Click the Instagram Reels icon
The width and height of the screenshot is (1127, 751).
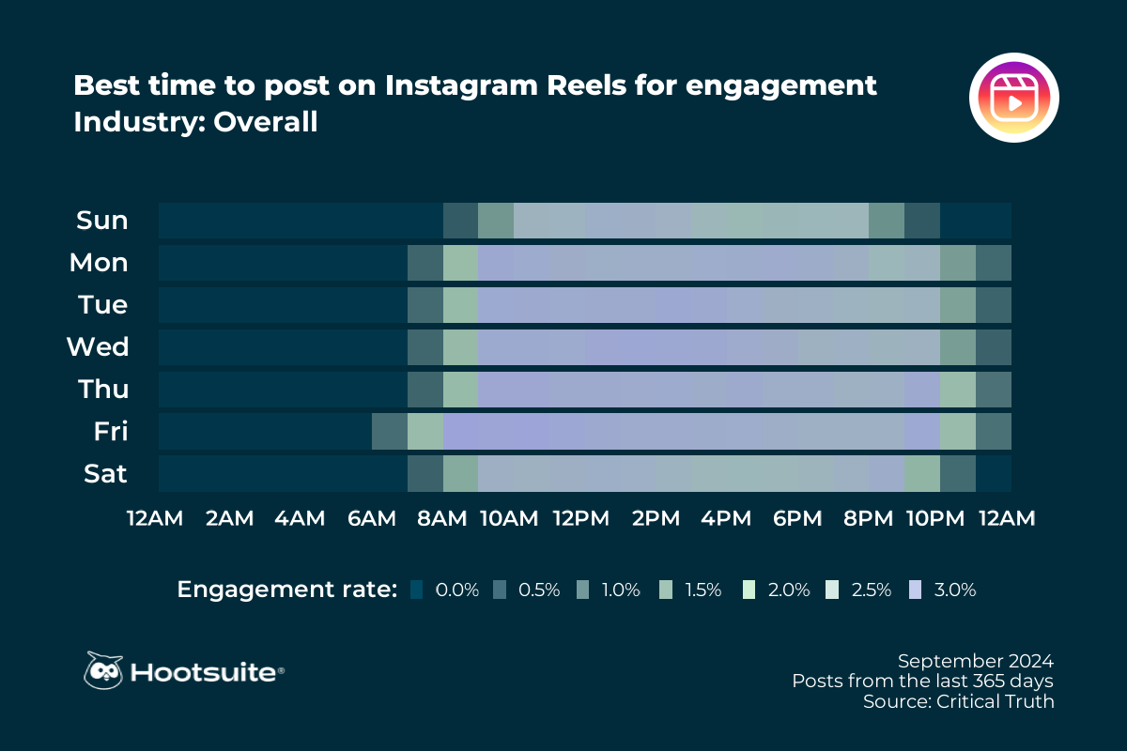pos(1013,98)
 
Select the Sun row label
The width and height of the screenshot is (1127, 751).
pos(101,221)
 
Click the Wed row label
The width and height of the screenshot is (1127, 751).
pos(98,347)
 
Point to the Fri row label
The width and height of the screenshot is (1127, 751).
pos(110,432)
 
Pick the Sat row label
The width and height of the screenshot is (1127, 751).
pos(105,474)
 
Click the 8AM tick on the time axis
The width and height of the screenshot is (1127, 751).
pos(442,518)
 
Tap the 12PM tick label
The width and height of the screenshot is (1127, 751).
pos(584,518)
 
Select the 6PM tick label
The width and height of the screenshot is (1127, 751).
pos(797,518)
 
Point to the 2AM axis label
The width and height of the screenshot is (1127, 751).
pos(229,518)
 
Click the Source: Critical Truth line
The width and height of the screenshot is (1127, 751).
pos(958,701)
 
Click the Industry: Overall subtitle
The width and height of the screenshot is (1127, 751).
pos(195,122)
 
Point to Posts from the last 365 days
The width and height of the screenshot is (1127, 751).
pos(922,680)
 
